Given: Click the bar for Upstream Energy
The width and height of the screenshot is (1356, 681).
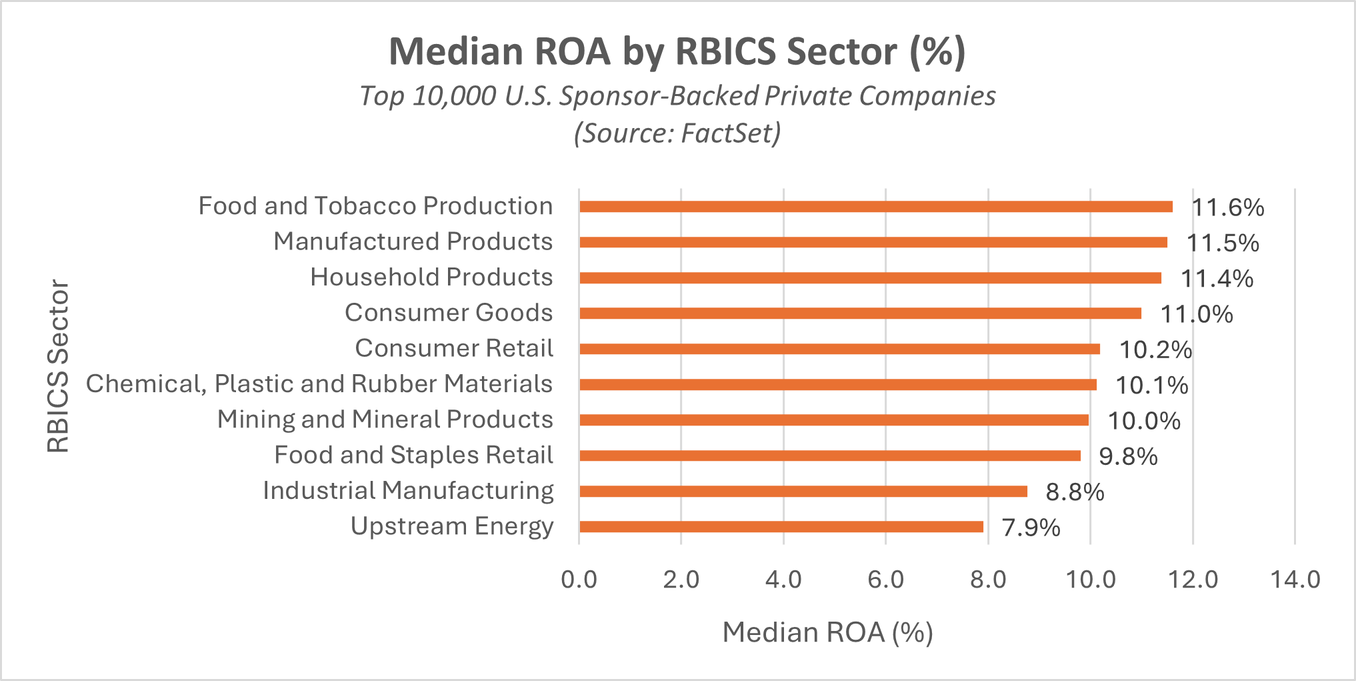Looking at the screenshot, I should click(781, 527).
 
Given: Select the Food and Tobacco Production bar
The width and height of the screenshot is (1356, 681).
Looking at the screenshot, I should click(876, 207).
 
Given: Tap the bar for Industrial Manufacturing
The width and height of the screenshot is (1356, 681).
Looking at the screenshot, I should click(803, 492).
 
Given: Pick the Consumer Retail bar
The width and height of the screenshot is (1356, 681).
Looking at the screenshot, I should click(839, 349).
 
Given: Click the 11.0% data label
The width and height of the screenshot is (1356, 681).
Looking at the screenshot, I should click(1197, 314).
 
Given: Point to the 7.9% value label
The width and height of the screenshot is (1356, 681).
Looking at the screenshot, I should click(1031, 528).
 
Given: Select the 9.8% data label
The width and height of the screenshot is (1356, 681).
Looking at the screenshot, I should click(1128, 457).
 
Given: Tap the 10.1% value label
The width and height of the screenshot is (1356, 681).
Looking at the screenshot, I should click(1152, 386).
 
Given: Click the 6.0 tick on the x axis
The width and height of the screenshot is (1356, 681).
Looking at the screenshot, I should click(885, 580).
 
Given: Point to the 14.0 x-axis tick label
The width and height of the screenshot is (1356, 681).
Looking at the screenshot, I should click(1295, 580).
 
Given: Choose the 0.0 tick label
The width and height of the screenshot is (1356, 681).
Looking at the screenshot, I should click(579, 580).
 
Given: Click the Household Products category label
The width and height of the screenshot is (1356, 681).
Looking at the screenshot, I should click(431, 277).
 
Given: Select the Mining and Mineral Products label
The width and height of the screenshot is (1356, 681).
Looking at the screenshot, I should click(385, 420).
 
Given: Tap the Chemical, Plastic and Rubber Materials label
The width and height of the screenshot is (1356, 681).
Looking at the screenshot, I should click(319, 384).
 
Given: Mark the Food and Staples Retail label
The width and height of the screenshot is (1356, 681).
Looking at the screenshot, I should click(413, 455).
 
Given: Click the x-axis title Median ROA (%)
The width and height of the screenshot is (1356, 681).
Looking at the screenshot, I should click(827, 632).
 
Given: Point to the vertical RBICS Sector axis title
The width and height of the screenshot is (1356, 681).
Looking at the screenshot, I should click(58, 366).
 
